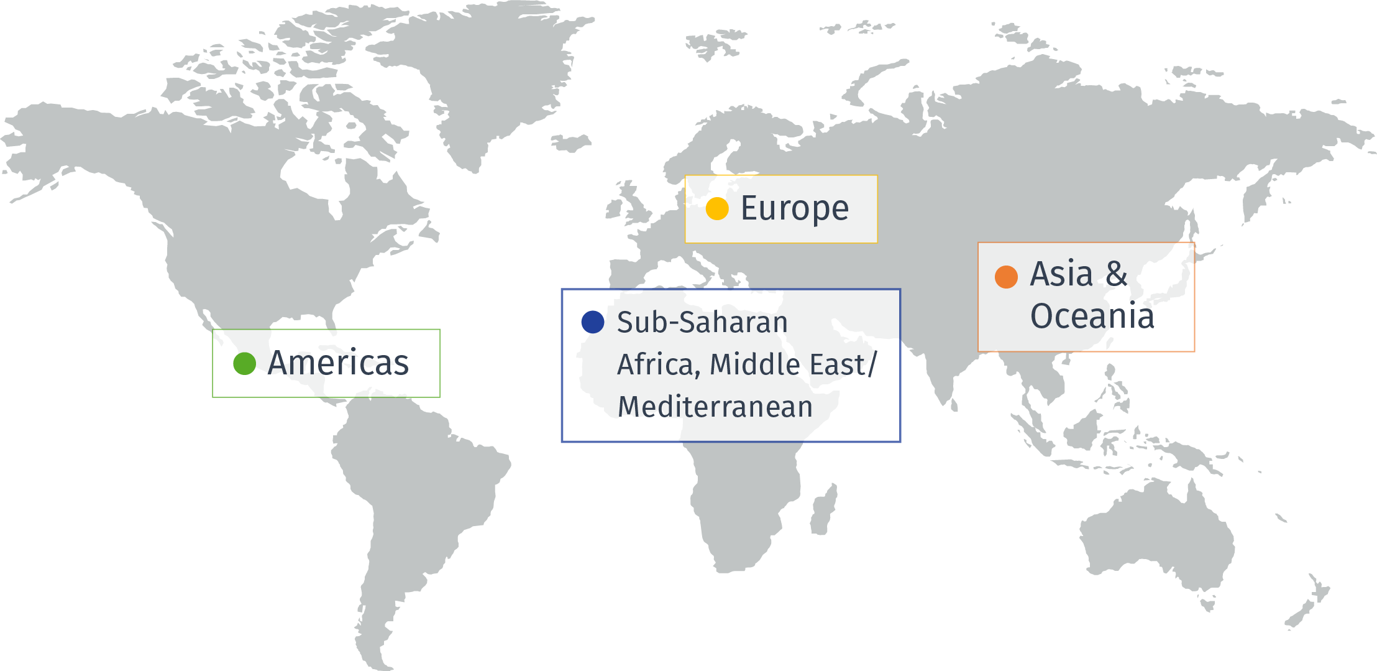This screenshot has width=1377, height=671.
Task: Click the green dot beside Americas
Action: click(244, 363)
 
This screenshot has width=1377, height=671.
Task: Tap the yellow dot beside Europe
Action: click(717, 208)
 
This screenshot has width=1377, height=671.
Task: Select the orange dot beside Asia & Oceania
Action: click(1006, 277)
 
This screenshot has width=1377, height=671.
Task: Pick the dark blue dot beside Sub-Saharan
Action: click(593, 322)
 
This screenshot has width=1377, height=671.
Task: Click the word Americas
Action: click(338, 363)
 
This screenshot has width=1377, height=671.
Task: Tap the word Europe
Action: click(794, 208)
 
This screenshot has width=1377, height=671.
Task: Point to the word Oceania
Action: click(1092, 316)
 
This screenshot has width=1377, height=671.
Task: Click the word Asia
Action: click(1061, 274)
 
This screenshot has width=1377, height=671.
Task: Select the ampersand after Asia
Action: click(1116, 274)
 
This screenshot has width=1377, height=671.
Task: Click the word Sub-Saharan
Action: click(702, 322)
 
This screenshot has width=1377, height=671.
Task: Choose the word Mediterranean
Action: click(715, 407)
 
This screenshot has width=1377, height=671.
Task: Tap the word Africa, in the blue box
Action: click(659, 364)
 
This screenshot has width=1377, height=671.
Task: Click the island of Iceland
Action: click(570, 143)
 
